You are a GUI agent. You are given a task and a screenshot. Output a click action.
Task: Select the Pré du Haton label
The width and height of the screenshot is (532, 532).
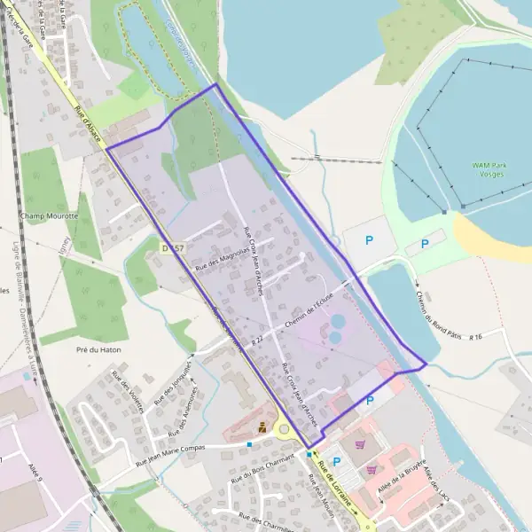pos(98,350)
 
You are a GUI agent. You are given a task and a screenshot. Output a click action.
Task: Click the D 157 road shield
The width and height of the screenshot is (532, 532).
pos(173,248)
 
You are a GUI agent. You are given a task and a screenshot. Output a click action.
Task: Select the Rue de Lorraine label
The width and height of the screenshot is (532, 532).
pos(337,485)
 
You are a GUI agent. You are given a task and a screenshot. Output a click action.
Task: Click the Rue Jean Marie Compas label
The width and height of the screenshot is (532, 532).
pos(170,456)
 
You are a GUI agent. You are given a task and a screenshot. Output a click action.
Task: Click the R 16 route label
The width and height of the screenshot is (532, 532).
pos(476,336)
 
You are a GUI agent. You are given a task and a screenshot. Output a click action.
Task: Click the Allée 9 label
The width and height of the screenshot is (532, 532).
pos(35,465)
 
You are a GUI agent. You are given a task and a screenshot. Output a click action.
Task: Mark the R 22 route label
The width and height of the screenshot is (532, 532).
pos(257,340)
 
